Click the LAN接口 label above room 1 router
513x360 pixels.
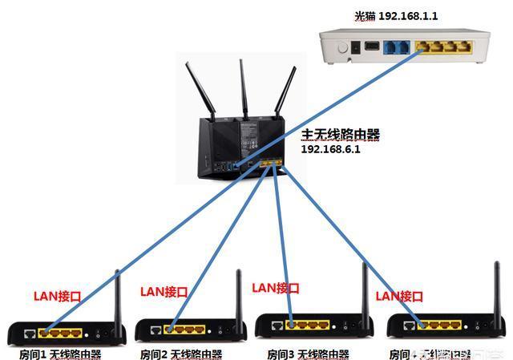[x=57, y=295]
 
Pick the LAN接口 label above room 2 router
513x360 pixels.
[x=164, y=291]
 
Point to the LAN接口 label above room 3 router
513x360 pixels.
[x=276, y=287]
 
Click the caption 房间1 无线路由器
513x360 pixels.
[x=61, y=353]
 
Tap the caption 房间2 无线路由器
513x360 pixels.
[x=181, y=353]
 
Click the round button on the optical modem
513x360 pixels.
[x=345, y=47]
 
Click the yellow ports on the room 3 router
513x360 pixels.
[x=308, y=326]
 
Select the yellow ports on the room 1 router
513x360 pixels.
[x=61, y=330]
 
